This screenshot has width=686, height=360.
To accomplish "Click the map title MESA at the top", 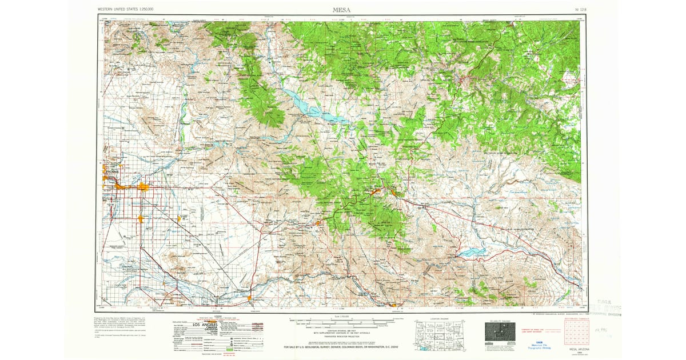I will click(342, 9).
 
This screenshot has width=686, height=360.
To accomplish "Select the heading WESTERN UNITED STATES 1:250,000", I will click(129, 10).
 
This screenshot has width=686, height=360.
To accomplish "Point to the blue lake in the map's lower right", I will click(474, 251).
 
